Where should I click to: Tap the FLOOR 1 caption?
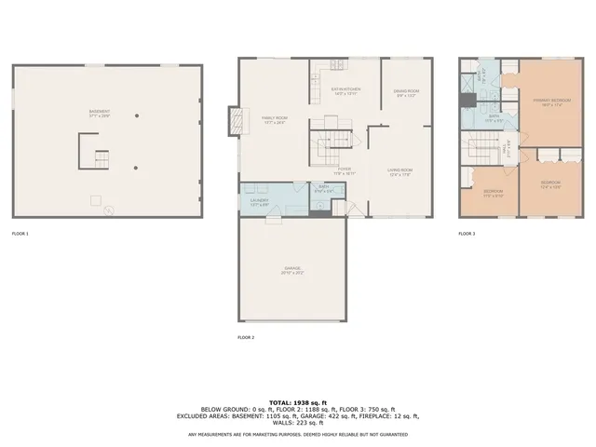[20, 233]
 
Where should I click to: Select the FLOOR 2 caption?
[246, 336]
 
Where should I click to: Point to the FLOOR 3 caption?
[467, 233]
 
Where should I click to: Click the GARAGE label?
[293, 270]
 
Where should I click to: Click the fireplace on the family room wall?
[235, 119]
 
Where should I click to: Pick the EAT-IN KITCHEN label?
[345, 91]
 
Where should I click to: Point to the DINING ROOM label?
[407, 92]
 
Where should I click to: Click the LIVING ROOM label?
[400, 171]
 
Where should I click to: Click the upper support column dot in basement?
[137, 115]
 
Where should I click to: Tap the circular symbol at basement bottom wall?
[108, 210]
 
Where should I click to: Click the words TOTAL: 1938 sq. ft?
[297, 401]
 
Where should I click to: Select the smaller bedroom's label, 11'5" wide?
[493, 195]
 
